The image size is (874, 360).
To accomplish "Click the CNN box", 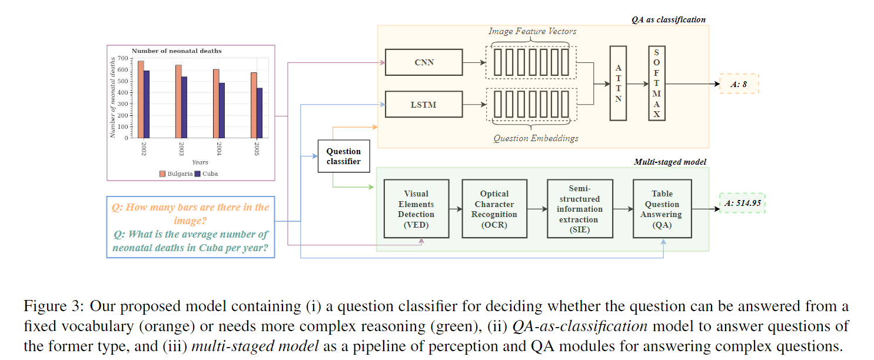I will (424, 62).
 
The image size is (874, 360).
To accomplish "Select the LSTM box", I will (424, 105).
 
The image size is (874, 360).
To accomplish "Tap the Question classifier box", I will (343, 156).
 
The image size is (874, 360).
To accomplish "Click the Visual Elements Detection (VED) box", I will (416, 209).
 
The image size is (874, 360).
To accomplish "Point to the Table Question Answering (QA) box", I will (662, 209).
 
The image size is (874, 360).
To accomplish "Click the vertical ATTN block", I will (618, 84).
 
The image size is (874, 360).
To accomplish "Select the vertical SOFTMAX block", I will (656, 84).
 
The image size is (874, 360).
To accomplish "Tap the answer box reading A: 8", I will (739, 84).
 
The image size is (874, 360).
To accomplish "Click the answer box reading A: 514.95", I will (742, 203).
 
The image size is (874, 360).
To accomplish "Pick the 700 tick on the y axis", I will (122, 58).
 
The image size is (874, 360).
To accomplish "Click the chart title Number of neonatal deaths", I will (177, 51).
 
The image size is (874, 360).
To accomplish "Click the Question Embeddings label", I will (536, 138).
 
